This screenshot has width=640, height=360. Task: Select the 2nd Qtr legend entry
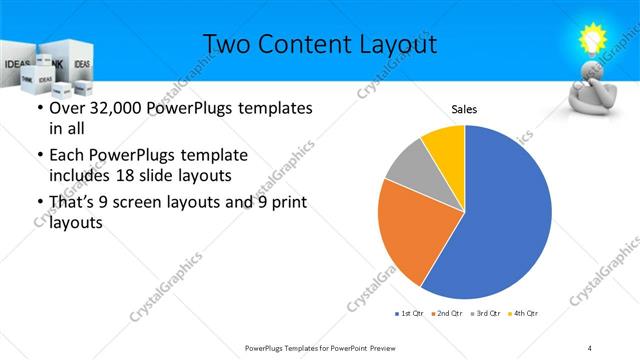[x=448, y=314]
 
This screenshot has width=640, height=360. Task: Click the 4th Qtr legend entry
[x=525, y=314]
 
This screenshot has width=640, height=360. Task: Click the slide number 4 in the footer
[x=589, y=347]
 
